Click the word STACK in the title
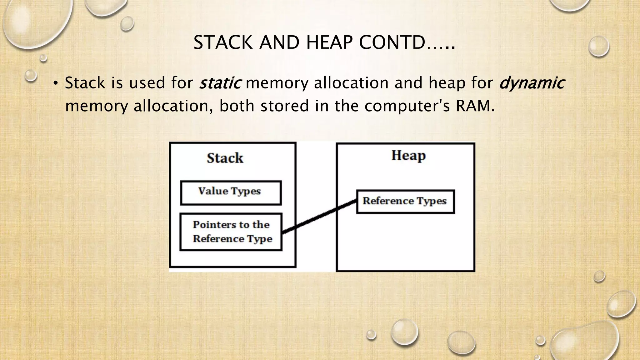(223, 43)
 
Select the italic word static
(220, 83)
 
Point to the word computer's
(407, 106)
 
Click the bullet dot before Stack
(56, 83)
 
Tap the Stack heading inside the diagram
(225, 158)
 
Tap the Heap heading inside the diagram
(408, 156)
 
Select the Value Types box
(231, 193)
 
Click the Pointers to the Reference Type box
(231, 232)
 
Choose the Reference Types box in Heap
(405, 202)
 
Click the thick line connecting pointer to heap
(319, 217)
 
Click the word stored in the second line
(285, 106)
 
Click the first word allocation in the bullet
(352, 83)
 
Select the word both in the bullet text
(237, 106)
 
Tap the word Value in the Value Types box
(211, 191)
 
